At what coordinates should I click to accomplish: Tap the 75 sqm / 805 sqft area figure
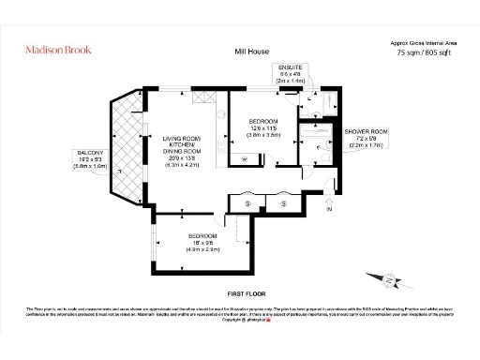tap(422, 53)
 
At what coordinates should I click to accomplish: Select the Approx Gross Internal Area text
tap(422, 42)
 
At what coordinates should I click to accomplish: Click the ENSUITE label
tap(290, 68)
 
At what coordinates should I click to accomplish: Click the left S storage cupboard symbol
tap(247, 203)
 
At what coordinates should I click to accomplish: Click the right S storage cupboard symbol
tap(283, 203)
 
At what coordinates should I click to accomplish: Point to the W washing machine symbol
tap(244, 160)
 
